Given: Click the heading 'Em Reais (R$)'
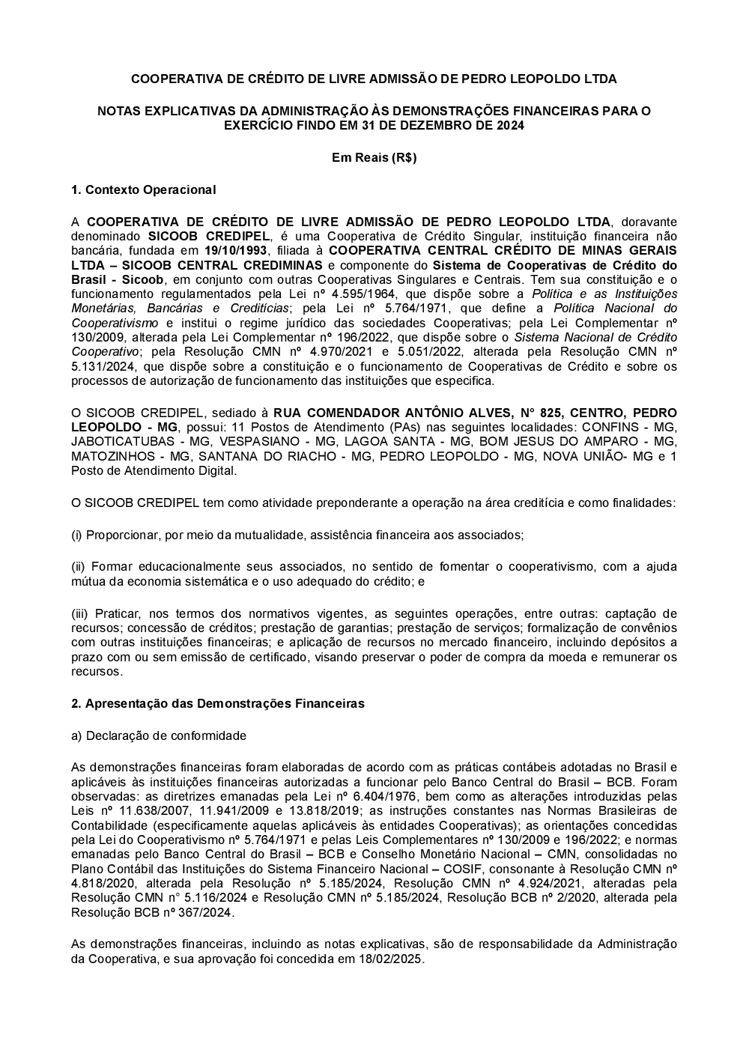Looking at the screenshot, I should click(374, 158).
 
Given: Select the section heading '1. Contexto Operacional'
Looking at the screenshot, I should click(143, 190).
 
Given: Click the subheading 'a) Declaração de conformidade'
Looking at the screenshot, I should click(158, 735).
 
